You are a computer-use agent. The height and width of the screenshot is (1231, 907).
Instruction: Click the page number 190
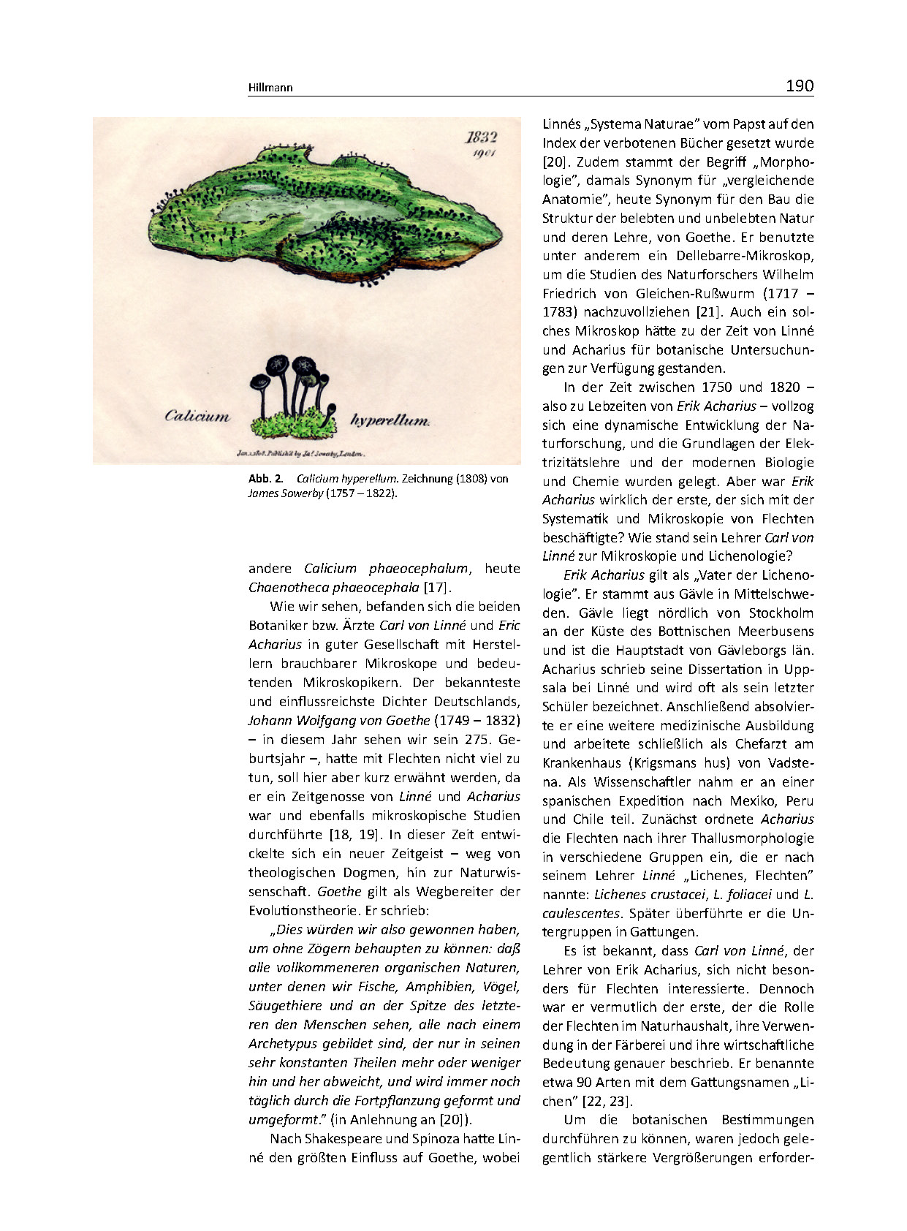[799, 86]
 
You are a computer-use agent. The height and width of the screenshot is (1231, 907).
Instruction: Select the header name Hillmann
[270, 88]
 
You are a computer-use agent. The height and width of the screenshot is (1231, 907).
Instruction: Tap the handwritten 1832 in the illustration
[482, 137]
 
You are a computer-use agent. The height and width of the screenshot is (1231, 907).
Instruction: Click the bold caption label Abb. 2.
[265, 479]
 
